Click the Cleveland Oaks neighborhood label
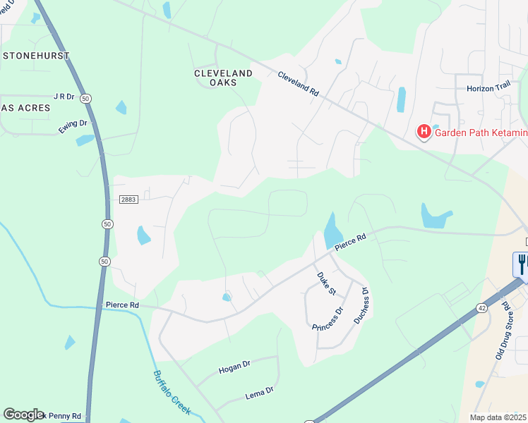pos(224,78)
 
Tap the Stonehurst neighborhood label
pos(36,55)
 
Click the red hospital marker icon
pos(424,132)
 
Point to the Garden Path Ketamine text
pos(480,133)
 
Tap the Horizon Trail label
pos(488,89)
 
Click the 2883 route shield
pos(128,200)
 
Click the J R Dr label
pos(64,96)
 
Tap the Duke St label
pos(326,283)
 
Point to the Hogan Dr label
pos(234,367)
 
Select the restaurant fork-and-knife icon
pos(521,264)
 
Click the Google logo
pos(23,414)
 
